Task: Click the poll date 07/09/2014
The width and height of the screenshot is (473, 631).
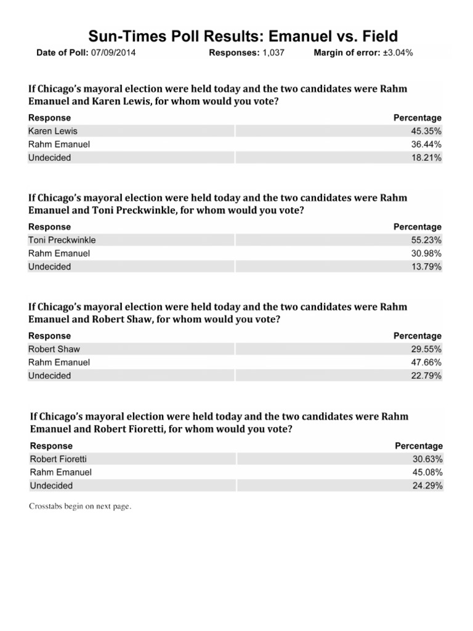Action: pos(113,53)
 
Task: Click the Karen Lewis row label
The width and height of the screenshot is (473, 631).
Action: pos(53,131)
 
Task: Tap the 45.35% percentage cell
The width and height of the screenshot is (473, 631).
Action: pos(426,131)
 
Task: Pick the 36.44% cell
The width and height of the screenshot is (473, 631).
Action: pos(426,144)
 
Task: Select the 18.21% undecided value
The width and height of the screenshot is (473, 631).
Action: pos(426,158)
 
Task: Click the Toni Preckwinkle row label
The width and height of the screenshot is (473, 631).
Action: pos(62,240)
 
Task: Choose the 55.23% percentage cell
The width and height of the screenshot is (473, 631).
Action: pos(426,240)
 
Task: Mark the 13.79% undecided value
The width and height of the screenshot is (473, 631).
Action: pos(426,267)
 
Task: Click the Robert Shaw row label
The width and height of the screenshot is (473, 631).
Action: pos(54,349)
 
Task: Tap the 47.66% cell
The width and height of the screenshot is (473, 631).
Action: pos(426,362)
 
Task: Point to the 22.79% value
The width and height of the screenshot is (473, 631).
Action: pos(426,376)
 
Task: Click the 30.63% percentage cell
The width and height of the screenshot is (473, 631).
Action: pos(427,459)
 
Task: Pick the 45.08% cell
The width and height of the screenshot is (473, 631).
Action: pos(427,473)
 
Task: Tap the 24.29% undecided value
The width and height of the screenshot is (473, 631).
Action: pos(427,486)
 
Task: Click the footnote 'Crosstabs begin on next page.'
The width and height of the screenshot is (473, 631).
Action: pos(81,507)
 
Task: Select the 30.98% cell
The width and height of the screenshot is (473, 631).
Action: pos(426,253)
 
